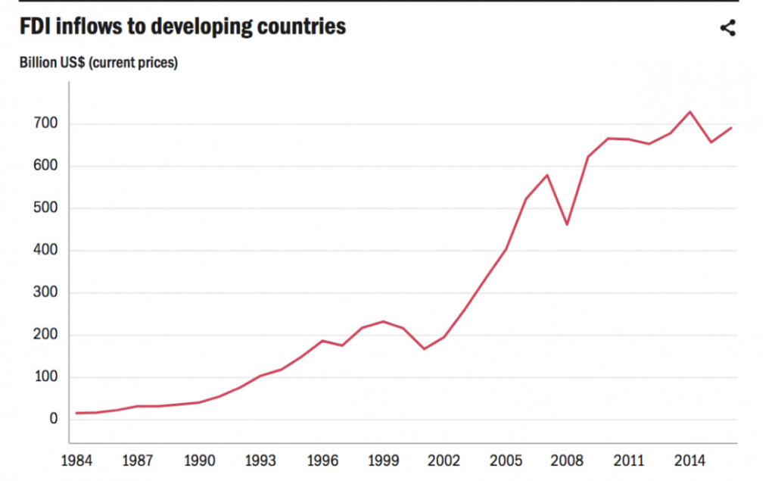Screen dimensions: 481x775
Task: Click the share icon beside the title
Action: point(727,29)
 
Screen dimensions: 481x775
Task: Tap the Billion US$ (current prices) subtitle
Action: point(98,63)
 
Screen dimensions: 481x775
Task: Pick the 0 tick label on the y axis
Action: point(54,420)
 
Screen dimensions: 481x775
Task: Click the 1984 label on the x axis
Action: point(76,461)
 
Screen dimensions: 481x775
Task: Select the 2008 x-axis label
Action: point(566,461)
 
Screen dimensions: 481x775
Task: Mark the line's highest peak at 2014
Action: point(689,112)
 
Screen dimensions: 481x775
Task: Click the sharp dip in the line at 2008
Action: point(567,224)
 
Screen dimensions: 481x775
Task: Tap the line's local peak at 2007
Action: point(546,175)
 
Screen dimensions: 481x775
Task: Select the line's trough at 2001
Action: point(424,349)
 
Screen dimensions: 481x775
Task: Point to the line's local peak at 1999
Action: point(383,321)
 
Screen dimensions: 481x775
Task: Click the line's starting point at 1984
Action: point(76,413)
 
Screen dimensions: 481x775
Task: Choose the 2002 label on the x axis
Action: point(444,461)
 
